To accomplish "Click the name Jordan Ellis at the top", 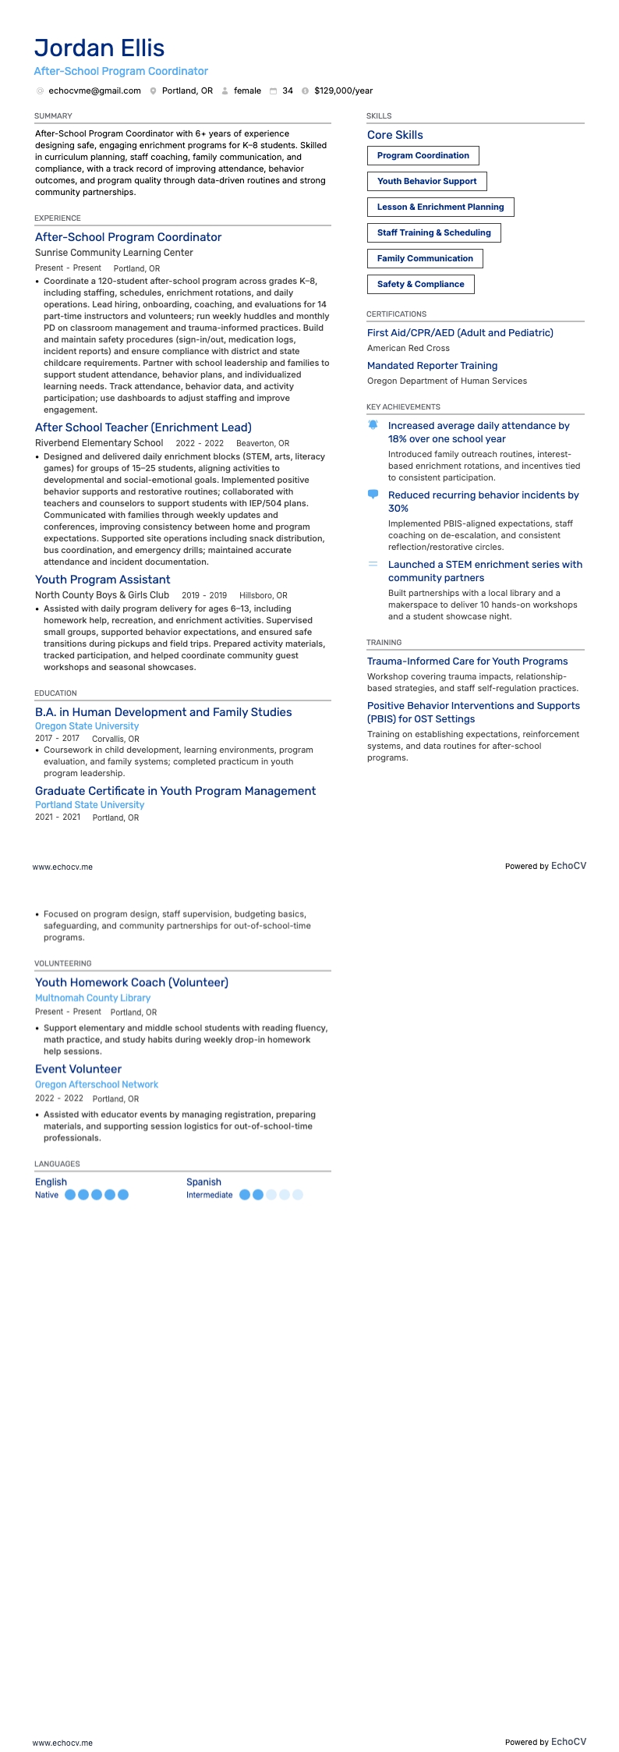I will [x=99, y=48].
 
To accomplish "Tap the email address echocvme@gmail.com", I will [x=94, y=90].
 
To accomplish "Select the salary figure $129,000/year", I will [x=343, y=90].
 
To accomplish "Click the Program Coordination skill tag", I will [x=423, y=155].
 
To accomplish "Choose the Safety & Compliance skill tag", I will [x=420, y=284].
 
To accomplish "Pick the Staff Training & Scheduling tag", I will [x=433, y=232].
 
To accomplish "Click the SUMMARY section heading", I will [x=53, y=116].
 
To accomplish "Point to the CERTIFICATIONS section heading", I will [x=396, y=314].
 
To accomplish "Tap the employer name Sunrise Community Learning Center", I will [x=114, y=253].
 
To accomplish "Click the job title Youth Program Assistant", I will [x=102, y=580].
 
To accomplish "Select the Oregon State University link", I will [x=87, y=726].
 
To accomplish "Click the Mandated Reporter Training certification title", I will [x=432, y=366].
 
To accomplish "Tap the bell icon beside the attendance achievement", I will [x=373, y=425].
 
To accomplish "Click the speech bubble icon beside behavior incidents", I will [x=373, y=495].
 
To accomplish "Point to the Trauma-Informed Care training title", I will [x=467, y=661].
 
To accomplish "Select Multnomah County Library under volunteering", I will [x=93, y=998].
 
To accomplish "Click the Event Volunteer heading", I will [x=78, y=1069].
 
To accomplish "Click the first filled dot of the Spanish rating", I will [x=245, y=1194].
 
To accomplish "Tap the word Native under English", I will [x=47, y=1195].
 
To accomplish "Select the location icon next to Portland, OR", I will [x=154, y=91].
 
